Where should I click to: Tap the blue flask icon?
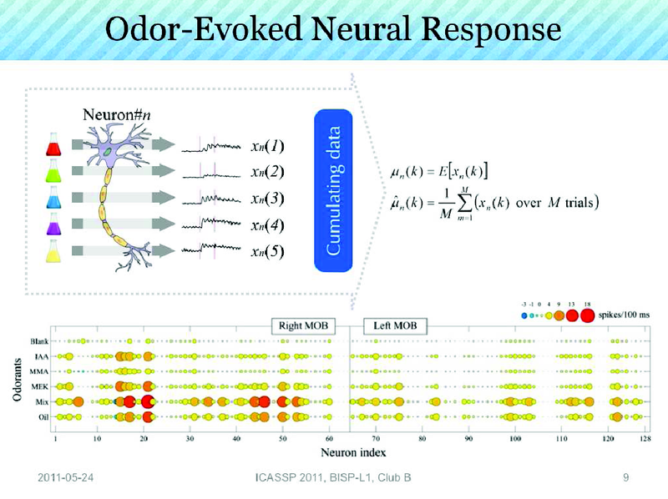click(56, 199)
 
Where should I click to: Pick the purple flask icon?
click(56, 224)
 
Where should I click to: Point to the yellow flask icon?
click(56, 249)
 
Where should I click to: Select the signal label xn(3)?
click(268, 199)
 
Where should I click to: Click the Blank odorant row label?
click(38, 341)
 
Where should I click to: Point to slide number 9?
click(625, 477)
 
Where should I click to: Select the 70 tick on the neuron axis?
click(377, 436)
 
